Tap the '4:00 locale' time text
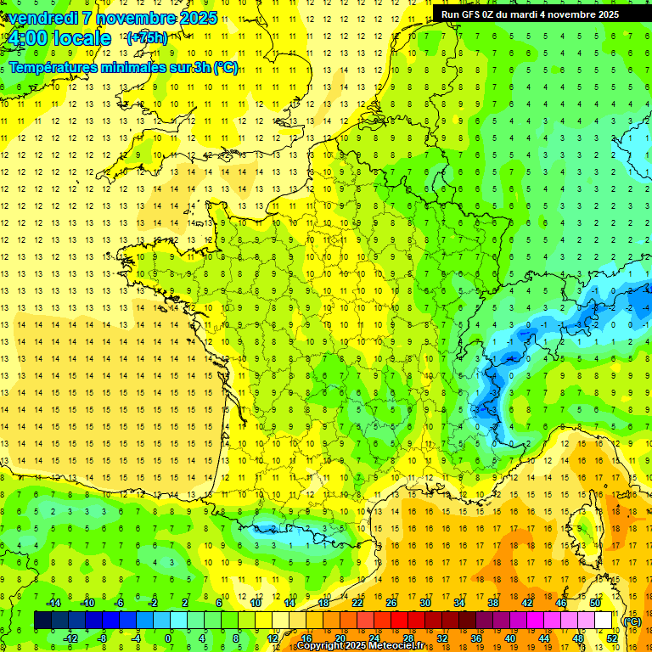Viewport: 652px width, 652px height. [59, 38]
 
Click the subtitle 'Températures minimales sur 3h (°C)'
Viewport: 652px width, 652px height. [123, 68]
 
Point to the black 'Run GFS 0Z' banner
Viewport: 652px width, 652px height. [530, 14]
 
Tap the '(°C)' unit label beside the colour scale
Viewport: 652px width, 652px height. [632, 621]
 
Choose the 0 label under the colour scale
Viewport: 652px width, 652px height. [168, 638]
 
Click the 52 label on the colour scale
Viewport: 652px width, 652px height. [612, 638]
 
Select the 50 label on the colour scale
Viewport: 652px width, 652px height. [595, 603]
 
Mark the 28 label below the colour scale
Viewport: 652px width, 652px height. [407, 638]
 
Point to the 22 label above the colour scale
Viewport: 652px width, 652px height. [357, 603]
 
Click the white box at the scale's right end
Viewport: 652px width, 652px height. [604, 621]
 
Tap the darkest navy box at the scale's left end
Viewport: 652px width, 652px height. [42, 621]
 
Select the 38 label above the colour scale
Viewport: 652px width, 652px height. [493, 603]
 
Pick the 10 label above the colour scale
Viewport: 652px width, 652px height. [256, 603]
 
